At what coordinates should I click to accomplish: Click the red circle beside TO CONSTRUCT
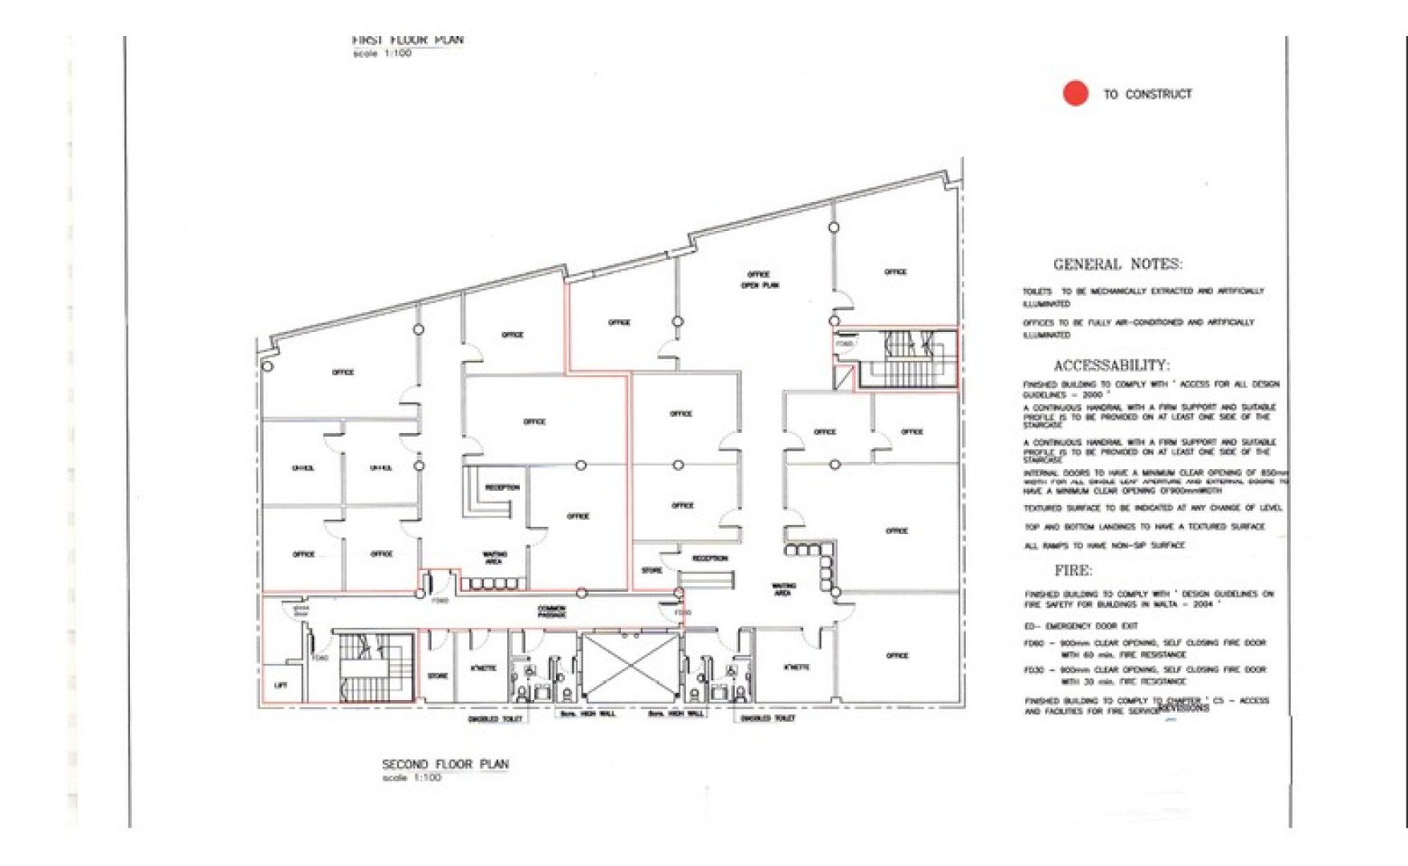1075,93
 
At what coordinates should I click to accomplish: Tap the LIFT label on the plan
280,686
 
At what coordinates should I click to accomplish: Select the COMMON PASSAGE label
551,612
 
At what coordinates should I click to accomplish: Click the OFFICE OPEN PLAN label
759,280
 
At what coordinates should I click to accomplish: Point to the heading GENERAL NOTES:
1117,265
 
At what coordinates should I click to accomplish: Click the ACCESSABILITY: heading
1111,366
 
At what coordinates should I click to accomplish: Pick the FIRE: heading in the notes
1073,571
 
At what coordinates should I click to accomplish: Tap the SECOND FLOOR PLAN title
445,764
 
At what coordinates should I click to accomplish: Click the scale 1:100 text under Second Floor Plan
412,778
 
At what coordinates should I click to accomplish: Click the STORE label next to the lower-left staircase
437,676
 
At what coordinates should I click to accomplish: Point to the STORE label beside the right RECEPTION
651,571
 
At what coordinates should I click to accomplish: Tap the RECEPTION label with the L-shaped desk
502,488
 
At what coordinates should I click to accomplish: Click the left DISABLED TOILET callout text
495,719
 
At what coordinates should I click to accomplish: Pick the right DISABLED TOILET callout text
768,718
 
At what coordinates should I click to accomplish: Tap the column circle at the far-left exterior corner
268,366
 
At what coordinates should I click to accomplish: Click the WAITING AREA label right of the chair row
782,589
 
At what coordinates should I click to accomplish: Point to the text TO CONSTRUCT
1147,94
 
